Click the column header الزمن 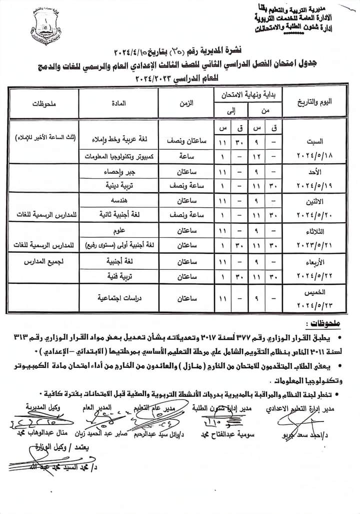coord(186,103)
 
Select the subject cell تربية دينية coord(118,185)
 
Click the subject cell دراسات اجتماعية coord(118,297)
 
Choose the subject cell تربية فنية coord(118,276)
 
